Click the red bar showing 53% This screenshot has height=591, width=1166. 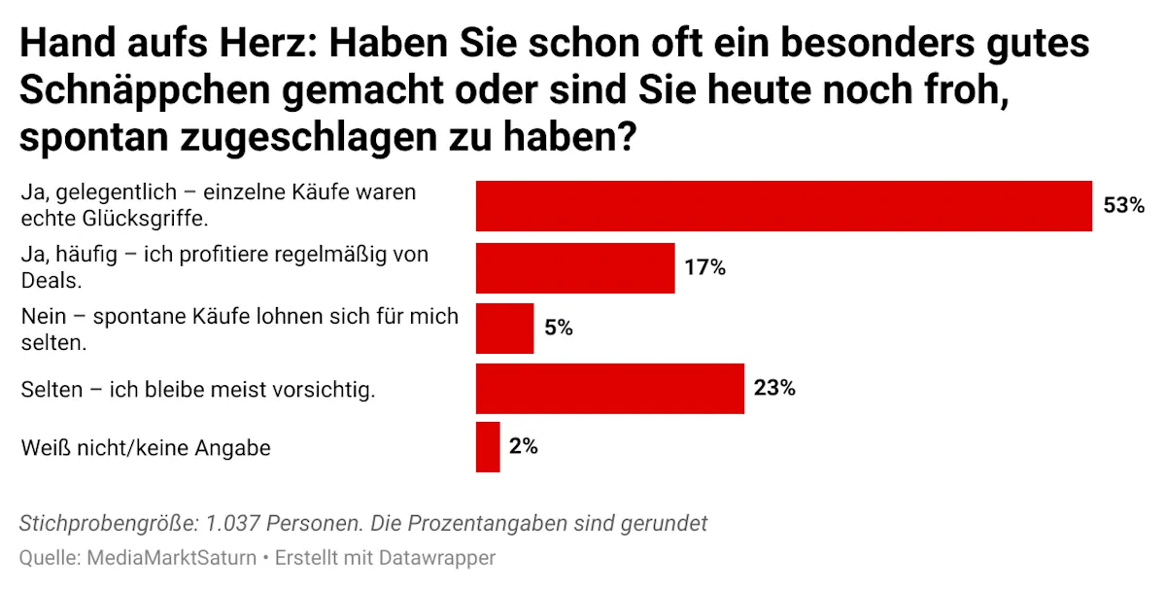783,206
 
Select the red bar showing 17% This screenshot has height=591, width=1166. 575,267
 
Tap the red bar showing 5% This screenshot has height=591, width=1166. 504,329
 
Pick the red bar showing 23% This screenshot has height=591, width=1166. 609,389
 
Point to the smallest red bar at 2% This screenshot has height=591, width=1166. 488,447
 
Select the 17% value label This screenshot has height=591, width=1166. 704,268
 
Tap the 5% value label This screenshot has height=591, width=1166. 558,329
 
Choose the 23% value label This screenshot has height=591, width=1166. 774,389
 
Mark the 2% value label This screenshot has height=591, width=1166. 523,447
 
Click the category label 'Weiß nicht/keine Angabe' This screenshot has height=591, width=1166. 146,448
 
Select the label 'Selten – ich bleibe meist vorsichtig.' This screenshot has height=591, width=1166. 198,390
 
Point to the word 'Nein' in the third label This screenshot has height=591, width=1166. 41,317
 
